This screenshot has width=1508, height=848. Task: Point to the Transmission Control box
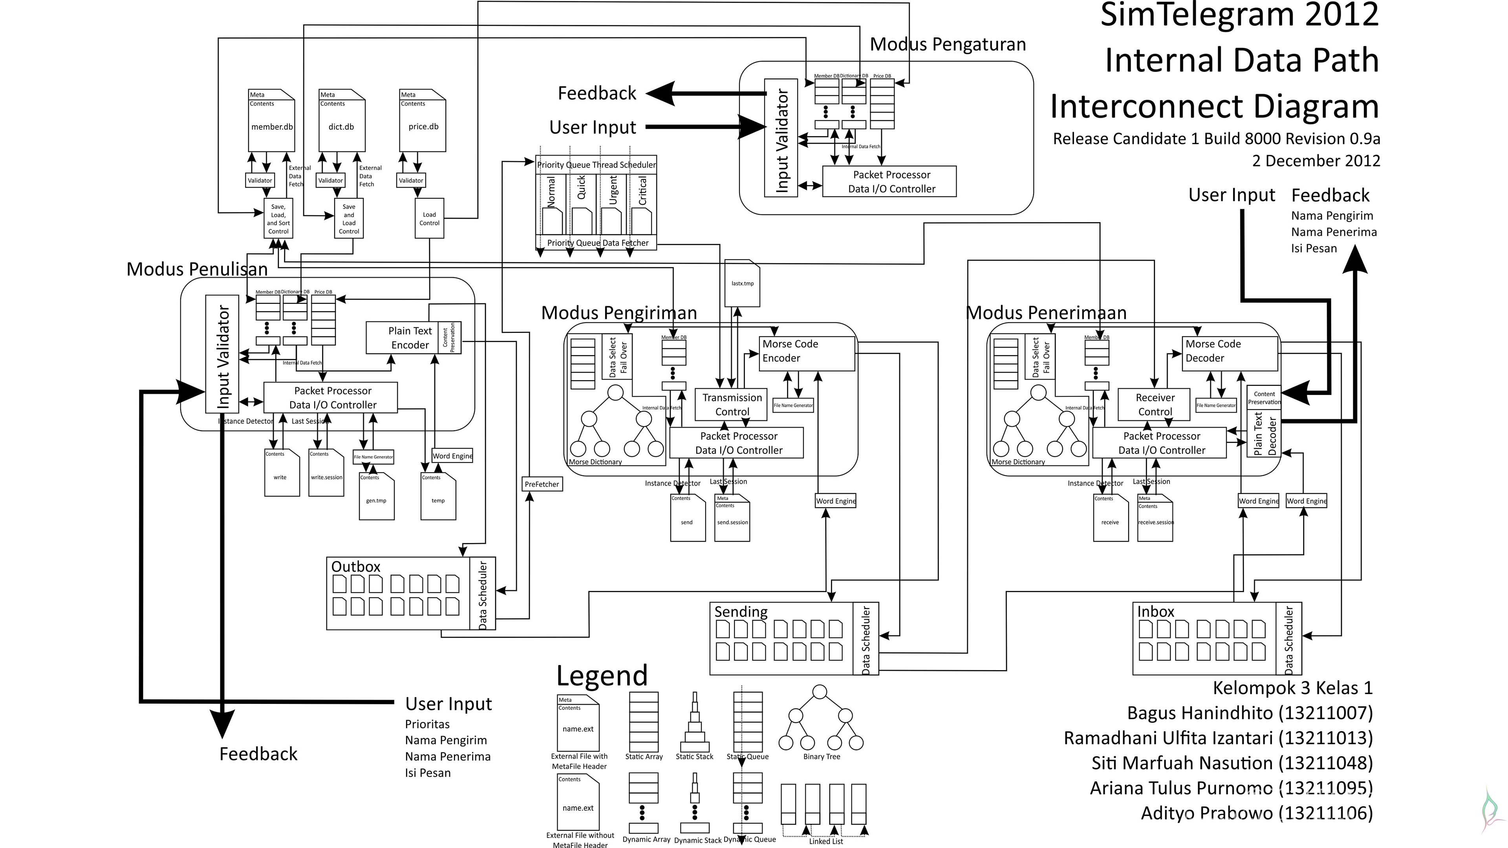tap(731, 404)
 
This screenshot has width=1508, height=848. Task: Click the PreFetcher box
tap(542, 484)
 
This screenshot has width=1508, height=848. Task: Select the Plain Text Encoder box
tap(410, 338)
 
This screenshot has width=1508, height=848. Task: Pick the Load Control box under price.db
tap(429, 218)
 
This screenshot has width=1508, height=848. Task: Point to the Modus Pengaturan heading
tap(947, 44)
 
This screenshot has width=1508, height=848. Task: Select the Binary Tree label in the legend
tap(821, 757)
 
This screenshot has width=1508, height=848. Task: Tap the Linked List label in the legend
tap(825, 841)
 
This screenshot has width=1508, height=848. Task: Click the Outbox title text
tap(355, 567)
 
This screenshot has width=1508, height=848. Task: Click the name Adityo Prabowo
tap(1256, 813)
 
